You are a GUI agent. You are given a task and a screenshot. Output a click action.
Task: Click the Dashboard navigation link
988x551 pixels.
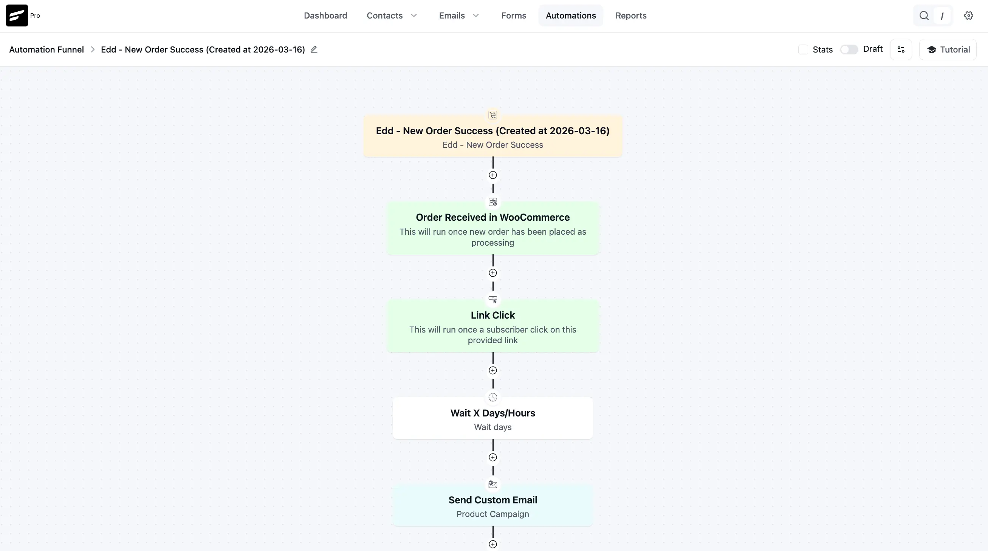[x=325, y=16]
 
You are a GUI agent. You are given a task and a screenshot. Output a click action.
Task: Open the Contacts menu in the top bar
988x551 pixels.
[x=392, y=16]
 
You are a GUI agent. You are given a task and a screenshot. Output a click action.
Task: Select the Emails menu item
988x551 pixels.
[x=459, y=16]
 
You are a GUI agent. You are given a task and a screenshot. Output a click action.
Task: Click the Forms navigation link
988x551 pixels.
[x=514, y=16]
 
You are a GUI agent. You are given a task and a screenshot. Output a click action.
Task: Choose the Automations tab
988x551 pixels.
[x=571, y=16]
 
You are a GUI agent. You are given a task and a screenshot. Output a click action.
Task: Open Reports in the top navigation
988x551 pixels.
[x=631, y=16]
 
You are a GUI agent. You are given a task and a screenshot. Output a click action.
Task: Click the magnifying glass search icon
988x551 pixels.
[x=924, y=16]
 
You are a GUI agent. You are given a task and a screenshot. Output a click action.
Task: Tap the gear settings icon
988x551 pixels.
[x=968, y=16]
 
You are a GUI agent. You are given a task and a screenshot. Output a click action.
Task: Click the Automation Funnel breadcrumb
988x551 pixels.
[x=46, y=50]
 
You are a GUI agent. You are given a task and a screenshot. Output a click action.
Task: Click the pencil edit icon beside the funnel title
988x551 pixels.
[x=314, y=50]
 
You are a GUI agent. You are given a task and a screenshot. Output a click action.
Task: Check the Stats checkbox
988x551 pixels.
[x=803, y=50]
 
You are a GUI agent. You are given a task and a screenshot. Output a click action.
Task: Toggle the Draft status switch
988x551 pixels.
[x=849, y=50]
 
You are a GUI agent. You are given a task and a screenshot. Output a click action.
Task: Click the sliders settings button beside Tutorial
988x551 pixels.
[x=901, y=50]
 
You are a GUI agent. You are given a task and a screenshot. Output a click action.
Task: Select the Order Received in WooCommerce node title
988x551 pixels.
[x=492, y=217]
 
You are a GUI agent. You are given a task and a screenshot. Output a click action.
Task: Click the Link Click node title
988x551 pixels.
[x=492, y=315]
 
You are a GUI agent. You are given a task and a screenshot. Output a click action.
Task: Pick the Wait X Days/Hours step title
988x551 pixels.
[x=492, y=413]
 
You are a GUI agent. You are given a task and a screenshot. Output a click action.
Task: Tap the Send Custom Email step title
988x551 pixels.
[x=492, y=500]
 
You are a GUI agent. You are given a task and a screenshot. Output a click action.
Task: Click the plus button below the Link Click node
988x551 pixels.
[x=493, y=370]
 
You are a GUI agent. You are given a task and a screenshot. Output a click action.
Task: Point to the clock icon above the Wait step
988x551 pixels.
[x=493, y=398]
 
